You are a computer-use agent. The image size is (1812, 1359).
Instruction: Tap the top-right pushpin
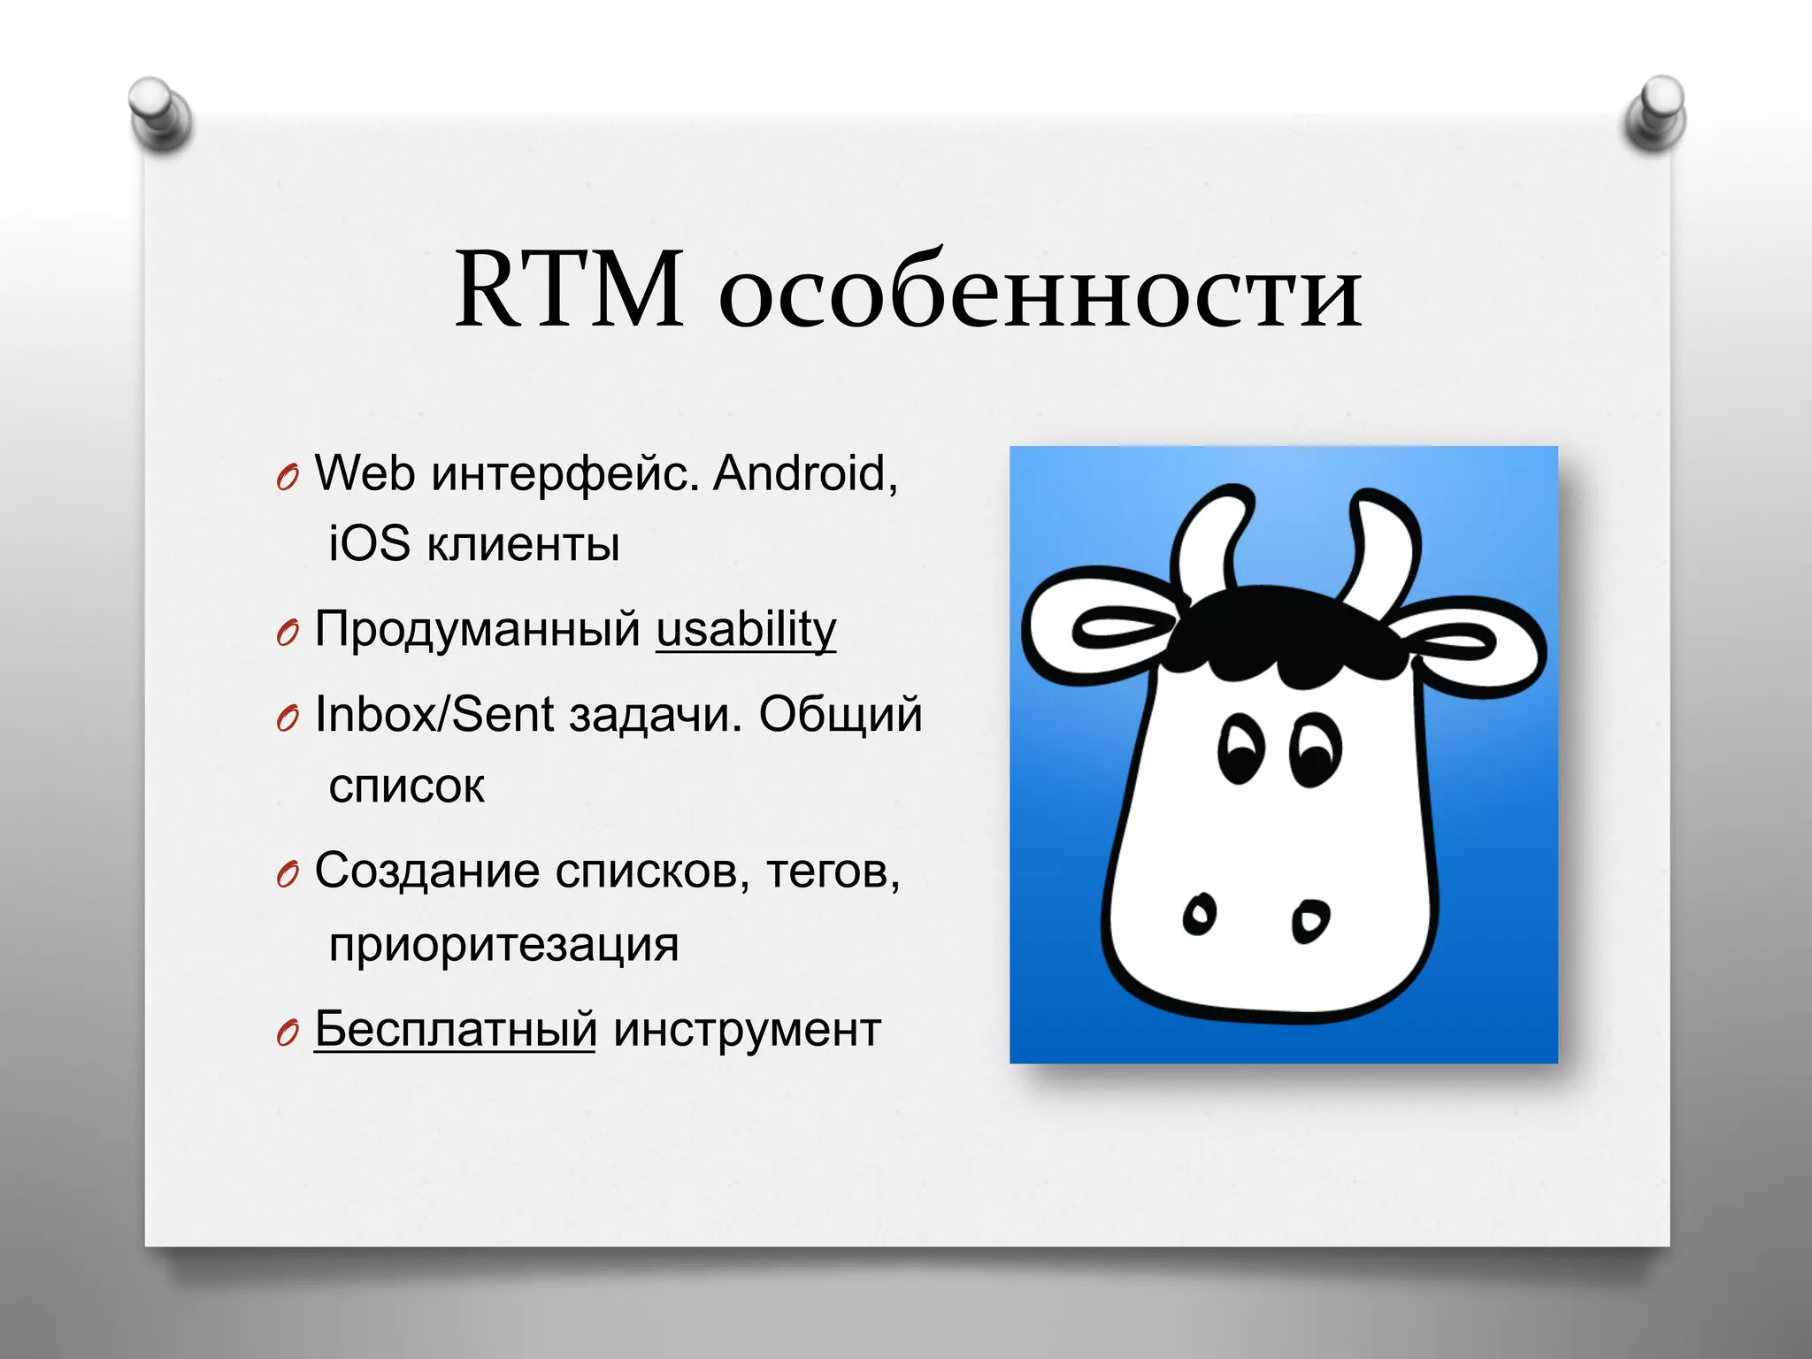pos(1655,112)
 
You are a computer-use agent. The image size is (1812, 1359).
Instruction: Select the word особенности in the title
pos(1040,291)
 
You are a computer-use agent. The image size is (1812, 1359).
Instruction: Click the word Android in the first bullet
pos(805,473)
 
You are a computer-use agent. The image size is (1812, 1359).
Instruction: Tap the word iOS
pos(370,543)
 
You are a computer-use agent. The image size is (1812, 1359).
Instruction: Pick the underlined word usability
pos(746,629)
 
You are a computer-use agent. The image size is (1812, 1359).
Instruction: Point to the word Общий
pos(841,714)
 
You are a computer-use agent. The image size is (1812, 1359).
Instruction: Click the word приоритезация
pos(503,944)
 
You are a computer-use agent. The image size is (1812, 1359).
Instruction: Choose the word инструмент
pos(747,1030)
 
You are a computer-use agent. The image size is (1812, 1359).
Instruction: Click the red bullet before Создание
pos(288,875)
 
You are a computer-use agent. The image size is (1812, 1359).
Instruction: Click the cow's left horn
pos(1209,540)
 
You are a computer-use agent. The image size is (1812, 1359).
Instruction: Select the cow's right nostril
pos(1310,921)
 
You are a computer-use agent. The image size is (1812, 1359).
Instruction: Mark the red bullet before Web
pos(288,478)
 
